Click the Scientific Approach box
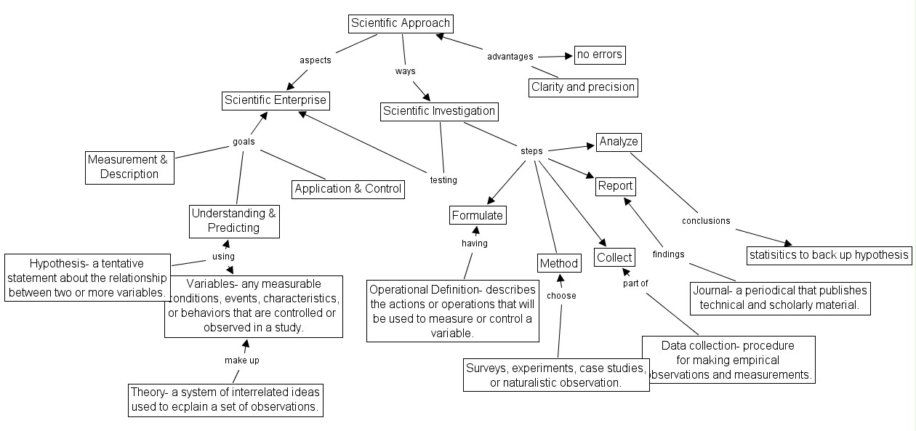[x=401, y=24]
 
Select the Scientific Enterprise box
[x=276, y=100]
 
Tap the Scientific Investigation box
[x=439, y=112]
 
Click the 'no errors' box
[x=600, y=55]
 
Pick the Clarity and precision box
[x=583, y=87]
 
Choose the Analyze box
[x=619, y=142]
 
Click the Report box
[x=616, y=187]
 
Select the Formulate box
[x=478, y=215]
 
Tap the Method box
[x=559, y=263]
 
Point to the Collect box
[x=614, y=257]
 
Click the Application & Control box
[x=348, y=189]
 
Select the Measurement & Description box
[x=129, y=168]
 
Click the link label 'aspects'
[x=316, y=60]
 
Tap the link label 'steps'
[x=531, y=151]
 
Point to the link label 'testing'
[x=443, y=180]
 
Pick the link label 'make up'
[x=241, y=360]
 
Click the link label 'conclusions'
[x=706, y=221]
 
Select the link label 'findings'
[x=668, y=254]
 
